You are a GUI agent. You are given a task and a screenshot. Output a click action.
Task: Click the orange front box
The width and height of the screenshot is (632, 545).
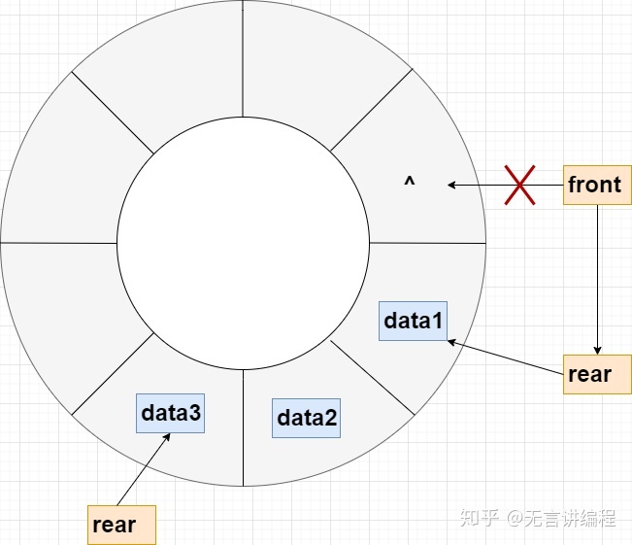(x=595, y=185)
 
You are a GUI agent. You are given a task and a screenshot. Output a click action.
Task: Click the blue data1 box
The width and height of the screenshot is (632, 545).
(x=415, y=321)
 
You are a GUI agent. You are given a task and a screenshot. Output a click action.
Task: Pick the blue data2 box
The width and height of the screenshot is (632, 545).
(x=307, y=418)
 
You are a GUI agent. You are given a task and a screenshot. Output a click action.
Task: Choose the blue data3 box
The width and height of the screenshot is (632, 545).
(x=171, y=413)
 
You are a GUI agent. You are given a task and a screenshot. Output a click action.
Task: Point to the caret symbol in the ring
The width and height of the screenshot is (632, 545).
(x=410, y=181)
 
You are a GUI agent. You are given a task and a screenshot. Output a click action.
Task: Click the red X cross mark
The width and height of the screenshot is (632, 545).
(x=520, y=185)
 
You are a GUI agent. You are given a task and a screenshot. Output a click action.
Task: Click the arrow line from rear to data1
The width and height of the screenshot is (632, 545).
(x=505, y=355)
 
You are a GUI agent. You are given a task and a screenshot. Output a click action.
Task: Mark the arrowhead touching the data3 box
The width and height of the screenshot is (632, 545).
(x=168, y=436)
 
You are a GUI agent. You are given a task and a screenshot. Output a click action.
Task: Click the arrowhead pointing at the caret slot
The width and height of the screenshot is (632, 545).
(x=451, y=185)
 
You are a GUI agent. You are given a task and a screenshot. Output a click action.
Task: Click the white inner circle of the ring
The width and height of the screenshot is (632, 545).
(x=243, y=243)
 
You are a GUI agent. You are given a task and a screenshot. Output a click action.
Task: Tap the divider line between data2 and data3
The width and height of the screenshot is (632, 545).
(x=243, y=427)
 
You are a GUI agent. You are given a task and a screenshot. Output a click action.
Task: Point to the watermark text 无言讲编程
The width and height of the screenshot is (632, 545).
(x=573, y=518)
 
